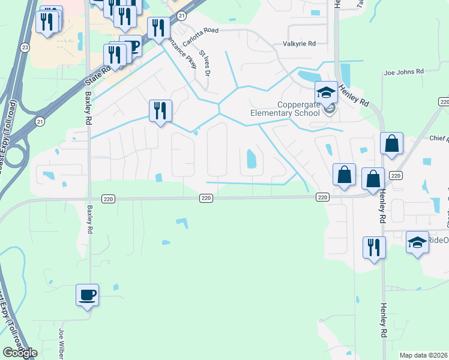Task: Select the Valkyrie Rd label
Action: (299, 44)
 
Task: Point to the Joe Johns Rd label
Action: (403, 72)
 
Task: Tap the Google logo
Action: (20, 353)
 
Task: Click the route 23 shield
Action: (25, 47)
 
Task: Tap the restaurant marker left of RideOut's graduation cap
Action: (374, 248)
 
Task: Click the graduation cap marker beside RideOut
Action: (417, 243)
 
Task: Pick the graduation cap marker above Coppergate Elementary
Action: (326, 93)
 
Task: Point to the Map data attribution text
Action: (423, 355)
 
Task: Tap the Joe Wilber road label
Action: (61, 343)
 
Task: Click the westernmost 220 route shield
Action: (205, 198)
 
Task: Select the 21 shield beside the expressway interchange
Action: (40, 121)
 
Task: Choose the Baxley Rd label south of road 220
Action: (90, 221)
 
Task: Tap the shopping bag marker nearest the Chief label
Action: (391, 145)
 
